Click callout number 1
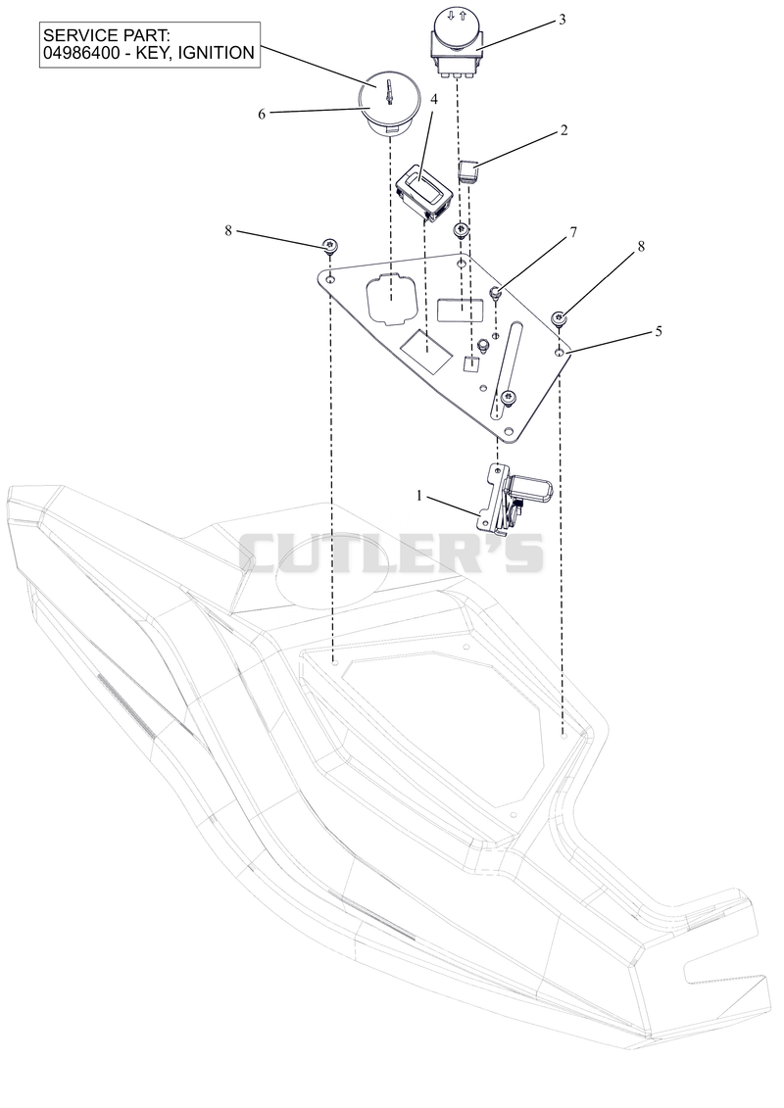419,496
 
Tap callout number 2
563,130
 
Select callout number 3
562,20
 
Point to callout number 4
433,99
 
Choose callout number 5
659,331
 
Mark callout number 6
262,114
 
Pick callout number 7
573,232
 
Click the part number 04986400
81,52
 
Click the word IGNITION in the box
217,52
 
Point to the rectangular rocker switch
425,191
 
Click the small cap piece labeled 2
468,171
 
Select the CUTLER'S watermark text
391,553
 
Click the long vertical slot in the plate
507,368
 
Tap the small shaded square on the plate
471,364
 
